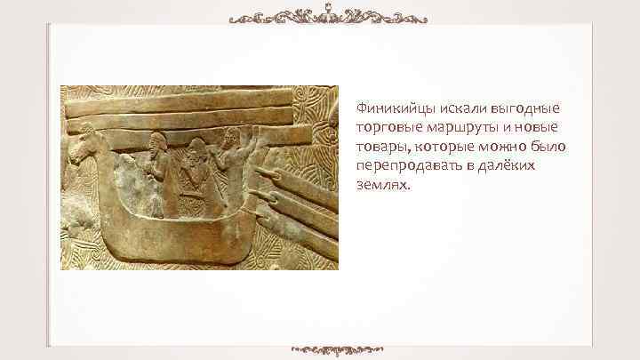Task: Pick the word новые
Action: (517, 126)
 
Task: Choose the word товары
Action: (378, 145)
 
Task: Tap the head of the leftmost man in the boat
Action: (159, 141)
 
